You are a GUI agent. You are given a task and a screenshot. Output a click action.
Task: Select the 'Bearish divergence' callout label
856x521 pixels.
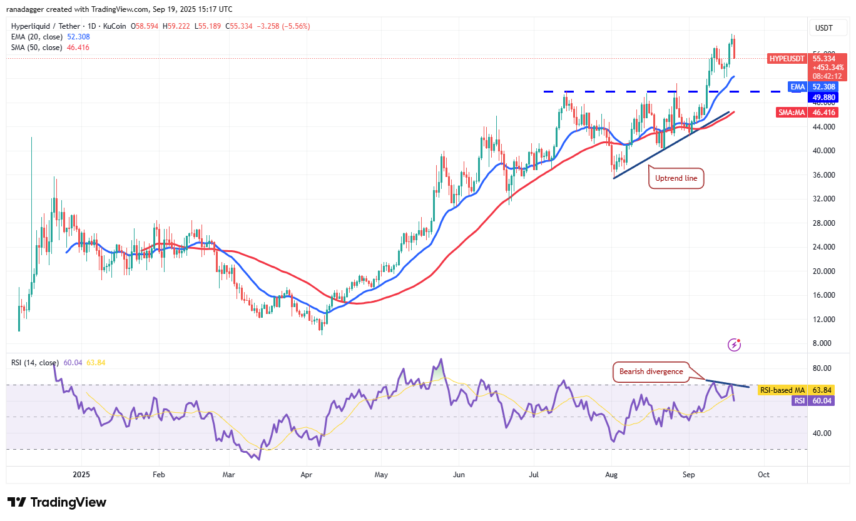click(x=651, y=372)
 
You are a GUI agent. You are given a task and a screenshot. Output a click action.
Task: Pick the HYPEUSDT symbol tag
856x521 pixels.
click(x=787, y=58)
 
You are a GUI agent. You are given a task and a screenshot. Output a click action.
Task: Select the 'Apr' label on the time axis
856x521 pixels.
click(x=306, y=475)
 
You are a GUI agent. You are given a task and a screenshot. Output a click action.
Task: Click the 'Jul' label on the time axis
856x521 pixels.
click(x=534, y=475)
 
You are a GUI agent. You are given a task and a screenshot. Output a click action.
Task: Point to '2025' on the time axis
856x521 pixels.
click(x=81, y=475)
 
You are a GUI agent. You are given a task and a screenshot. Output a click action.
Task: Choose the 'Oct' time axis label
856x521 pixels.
click(x=763, y=475)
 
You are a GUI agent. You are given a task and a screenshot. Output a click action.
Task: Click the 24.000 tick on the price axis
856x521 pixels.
click(x=824, y=247)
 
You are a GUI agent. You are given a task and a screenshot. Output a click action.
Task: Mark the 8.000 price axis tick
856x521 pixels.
click(x=824, y=343)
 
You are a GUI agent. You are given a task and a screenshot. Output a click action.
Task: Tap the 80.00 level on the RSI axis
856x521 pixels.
click(x=822, y=368)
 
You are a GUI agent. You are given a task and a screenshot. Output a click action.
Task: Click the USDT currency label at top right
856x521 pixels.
click(x=824, y=28)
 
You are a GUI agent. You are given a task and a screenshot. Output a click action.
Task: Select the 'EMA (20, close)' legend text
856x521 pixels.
click(x=37, y=37)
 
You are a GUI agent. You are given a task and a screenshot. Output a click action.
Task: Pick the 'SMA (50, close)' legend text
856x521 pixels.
click(x=37, y=48)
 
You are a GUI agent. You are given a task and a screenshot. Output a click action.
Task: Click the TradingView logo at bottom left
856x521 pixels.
click(x=57, y=502)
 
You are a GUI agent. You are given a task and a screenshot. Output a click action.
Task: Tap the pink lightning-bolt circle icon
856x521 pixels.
click(x=735, y=345)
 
